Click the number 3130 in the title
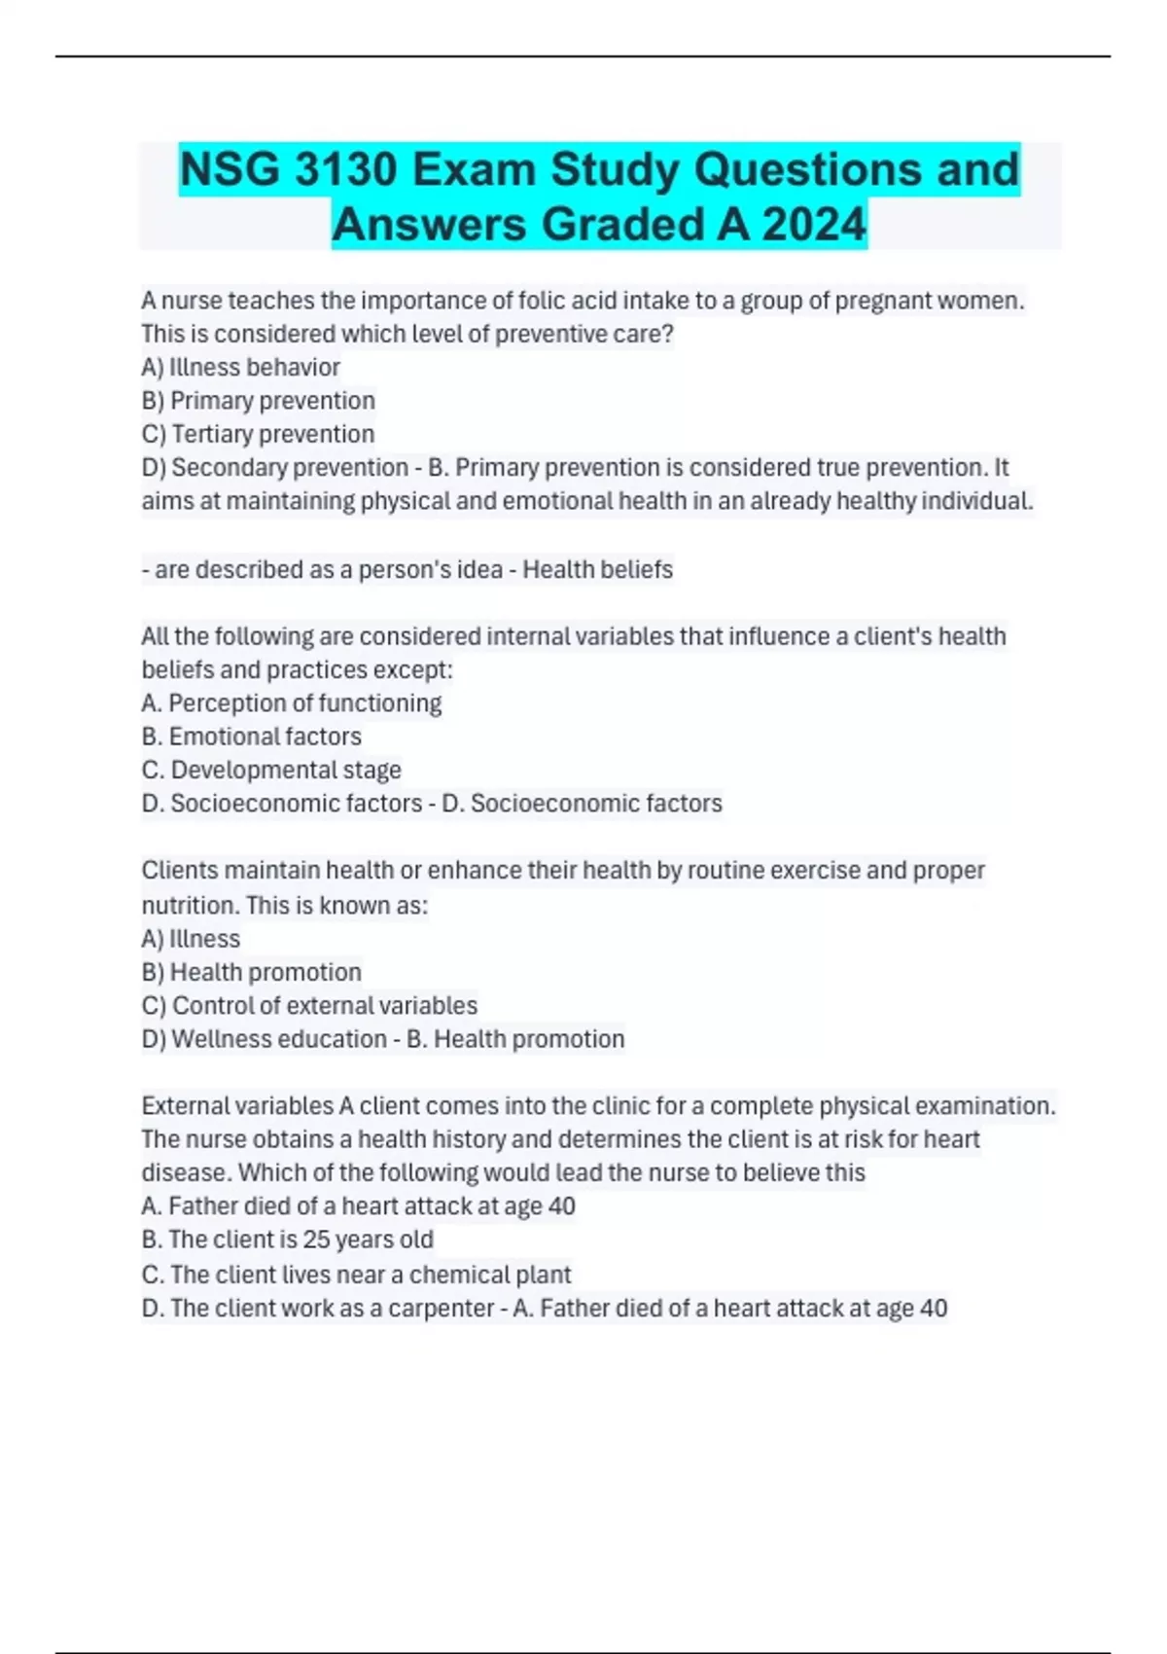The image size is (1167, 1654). pos(345,169)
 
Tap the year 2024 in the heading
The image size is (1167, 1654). pos(814,224)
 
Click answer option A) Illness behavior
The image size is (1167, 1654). pos(240,367)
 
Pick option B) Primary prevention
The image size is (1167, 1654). pos(258,400)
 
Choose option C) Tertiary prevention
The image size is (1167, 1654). pos(258,434)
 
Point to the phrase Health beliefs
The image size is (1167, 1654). pos(597,569)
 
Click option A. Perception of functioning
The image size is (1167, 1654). pos(291,702)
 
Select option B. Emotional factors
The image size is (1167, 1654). pos(251,737)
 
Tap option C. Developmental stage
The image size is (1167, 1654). pos(271,770)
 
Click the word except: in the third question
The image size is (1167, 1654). pos(409,669)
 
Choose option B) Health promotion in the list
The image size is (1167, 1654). pos(251,972)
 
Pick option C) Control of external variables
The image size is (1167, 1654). pos(309,1005)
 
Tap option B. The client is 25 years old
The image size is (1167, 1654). pos(287,1240)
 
